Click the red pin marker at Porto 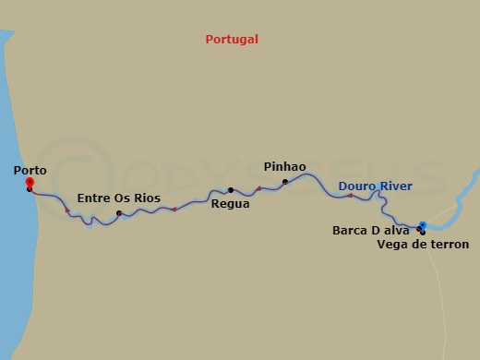coord(30,182)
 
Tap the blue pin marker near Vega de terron coord(422,224)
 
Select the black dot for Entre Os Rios coord(119,214)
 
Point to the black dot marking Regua coord(231,190)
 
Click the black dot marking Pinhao coord(285,181)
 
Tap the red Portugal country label coord(232,40)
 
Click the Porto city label coord(30,171)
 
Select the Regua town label coord(230,204)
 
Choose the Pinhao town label coord(284,167)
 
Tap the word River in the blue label coord(395,186)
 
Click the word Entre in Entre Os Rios coord(93,198)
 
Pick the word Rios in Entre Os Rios coord(146,198)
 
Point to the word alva coord(395,231)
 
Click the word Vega coord(391,245)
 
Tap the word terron coord(450,245)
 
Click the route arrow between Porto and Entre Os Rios coord(67,210)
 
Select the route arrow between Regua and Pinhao coord(259,189)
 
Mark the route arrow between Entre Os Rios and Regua coord(174,210)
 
